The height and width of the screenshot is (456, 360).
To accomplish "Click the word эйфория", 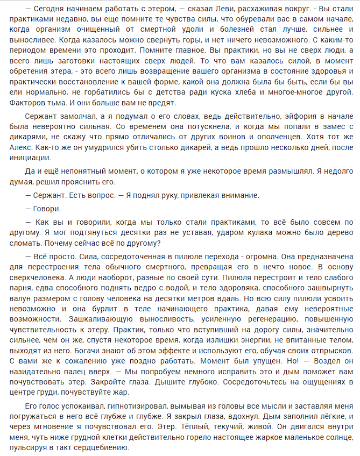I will coord(280,118).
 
